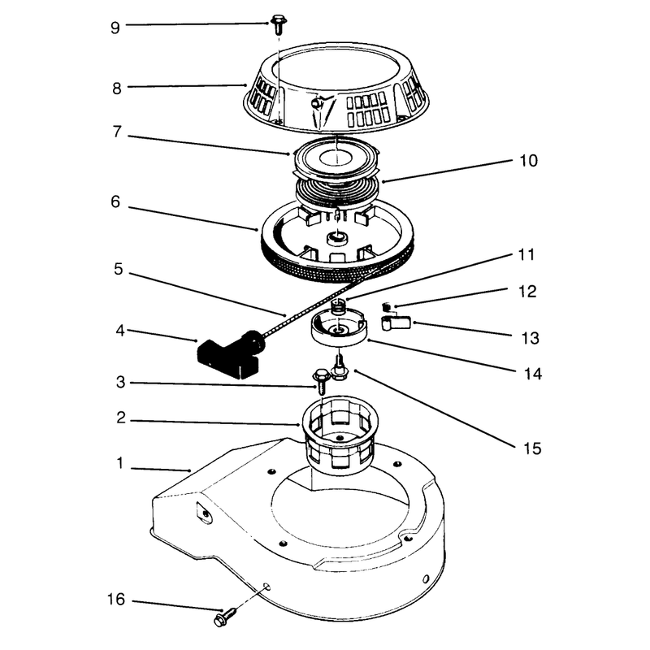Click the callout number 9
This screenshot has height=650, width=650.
point(115,28)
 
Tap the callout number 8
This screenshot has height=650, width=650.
point(117,89)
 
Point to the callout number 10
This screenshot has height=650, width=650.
point(529,161)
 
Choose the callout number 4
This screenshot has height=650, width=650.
point(120,331)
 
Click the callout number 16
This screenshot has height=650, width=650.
point(116,600)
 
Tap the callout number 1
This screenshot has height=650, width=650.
point(120,463)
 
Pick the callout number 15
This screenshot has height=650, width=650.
point(532,448)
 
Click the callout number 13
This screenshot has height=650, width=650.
point(531,338)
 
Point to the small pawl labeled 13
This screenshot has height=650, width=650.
point(396,323)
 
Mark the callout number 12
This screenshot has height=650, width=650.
point(527,292)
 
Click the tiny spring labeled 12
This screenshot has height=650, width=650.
point(387,307)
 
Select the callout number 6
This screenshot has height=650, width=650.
point(115,201)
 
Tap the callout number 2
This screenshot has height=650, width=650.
point(121,418)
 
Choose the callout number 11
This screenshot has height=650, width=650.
point(526,254)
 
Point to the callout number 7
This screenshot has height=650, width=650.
point(117,132)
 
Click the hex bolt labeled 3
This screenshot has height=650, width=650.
point(322,380)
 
